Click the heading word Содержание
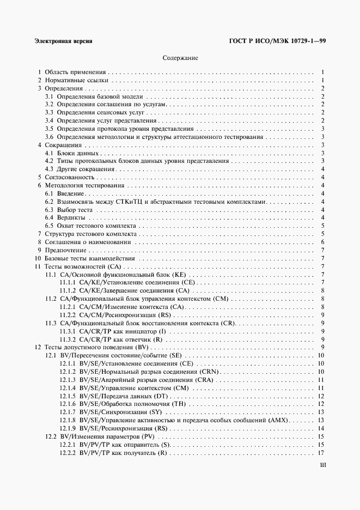(x=180, y=57)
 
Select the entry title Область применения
(x=75, y=71)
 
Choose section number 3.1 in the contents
(x=49, y=96)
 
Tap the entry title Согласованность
(x=70, y=177)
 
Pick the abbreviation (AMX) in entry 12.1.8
(x=279, y=420)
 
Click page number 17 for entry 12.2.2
(x=321, y=453)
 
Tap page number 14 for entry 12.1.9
(x=321, y=428)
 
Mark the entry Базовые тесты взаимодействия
(x=89, y=258)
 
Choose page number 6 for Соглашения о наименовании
(x=323, y=242)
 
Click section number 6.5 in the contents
(x=49, y=226)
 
